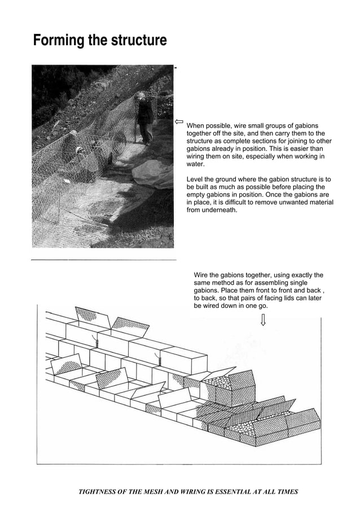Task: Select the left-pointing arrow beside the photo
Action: point(179,121)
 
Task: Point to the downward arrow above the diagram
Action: point(263,320)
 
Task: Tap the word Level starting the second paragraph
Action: point(196,179)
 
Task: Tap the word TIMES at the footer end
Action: point(286,491)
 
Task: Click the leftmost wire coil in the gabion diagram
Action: point(97,342)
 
